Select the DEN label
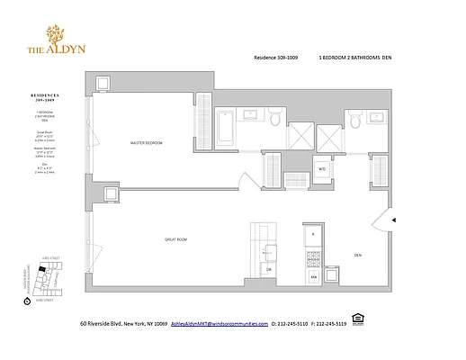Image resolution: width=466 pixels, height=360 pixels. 357,254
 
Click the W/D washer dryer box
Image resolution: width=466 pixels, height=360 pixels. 321,167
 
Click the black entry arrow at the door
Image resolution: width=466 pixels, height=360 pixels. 392,219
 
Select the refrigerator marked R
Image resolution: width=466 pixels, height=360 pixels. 313,234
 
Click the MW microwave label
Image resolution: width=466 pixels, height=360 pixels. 314,278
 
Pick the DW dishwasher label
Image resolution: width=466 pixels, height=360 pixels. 269,269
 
